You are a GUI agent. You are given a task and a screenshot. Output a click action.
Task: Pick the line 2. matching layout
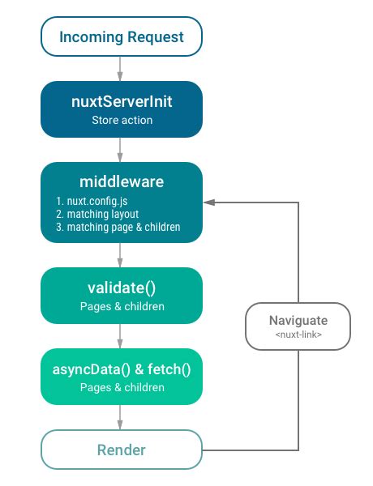point(92,214)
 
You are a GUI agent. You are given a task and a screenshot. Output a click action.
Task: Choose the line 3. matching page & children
point(118,228)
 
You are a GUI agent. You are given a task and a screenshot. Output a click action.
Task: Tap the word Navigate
point(298,320)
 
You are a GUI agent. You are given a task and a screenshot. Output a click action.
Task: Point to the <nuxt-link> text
point(298,335)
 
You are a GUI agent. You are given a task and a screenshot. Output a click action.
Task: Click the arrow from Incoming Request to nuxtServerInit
point(120,68)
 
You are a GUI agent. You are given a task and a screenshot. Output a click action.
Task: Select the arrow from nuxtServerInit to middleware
point(120,149)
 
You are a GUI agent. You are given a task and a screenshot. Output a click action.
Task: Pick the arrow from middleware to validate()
point(120,255)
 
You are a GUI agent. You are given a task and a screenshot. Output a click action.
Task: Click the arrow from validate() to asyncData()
point(120,335)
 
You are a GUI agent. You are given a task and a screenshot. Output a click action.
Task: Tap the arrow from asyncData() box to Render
point(120,417)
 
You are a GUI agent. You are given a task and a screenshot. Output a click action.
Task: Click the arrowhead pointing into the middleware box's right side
point(208,202)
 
